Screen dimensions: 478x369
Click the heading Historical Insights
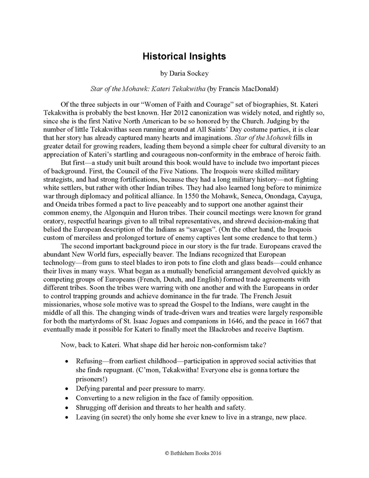pos(184,56)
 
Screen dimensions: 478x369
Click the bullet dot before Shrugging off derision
pos(67,408)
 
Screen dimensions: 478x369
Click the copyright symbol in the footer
pos(167,453)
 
